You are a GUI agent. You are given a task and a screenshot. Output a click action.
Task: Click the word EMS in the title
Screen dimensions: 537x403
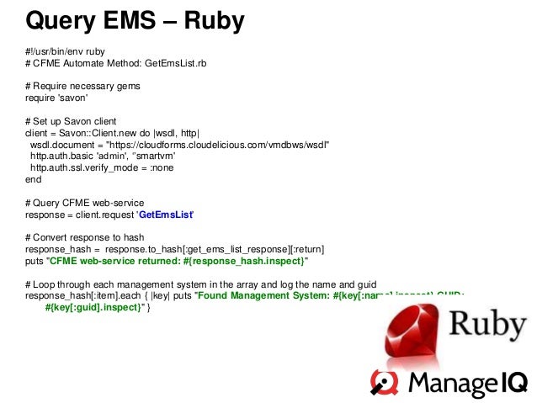coord(138,20)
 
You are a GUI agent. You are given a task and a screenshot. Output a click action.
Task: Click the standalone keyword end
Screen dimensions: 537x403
coord(33,179)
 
